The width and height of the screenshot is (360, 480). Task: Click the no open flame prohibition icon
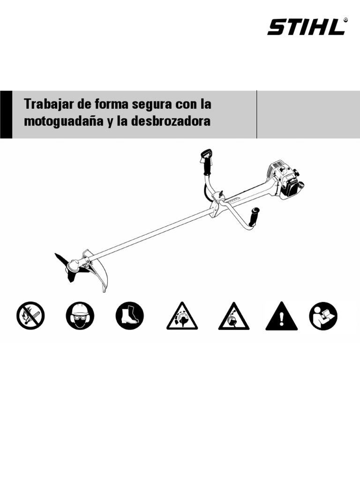(30, 315)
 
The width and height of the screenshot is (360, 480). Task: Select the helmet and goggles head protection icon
(80, 315)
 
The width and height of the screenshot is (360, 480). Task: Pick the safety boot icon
(130, 315)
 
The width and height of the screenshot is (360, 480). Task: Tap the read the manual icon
(323, 315)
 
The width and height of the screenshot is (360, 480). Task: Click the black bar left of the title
(6, 114)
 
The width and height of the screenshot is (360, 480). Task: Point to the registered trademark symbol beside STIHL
(345, 20)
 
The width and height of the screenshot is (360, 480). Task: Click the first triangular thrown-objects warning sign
(182, 317)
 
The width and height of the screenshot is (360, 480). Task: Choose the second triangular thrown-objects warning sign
(233, 317)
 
